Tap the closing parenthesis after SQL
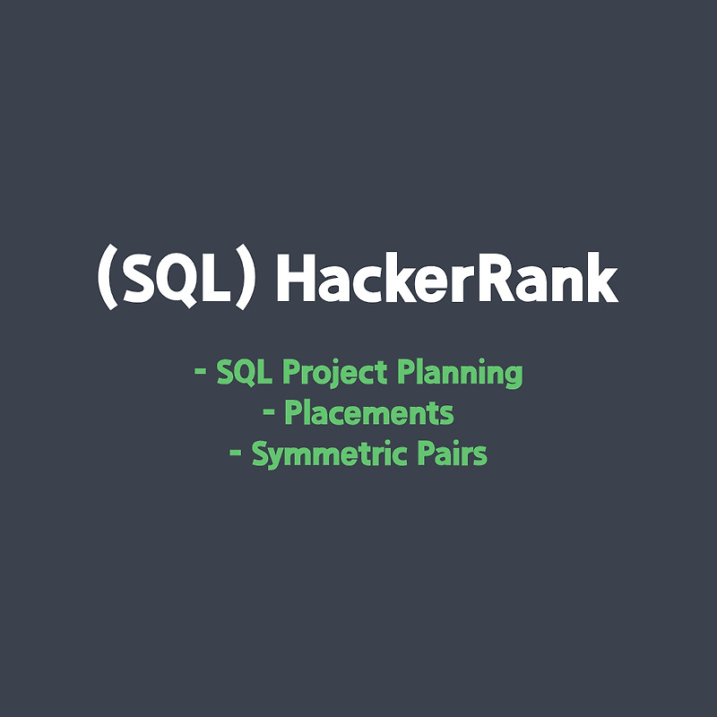tap(246, 280)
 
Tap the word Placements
tap(368, 414)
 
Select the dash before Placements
tap(269, 414)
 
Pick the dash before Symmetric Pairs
tap(236, 454)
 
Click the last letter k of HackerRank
tap(600, 280)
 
